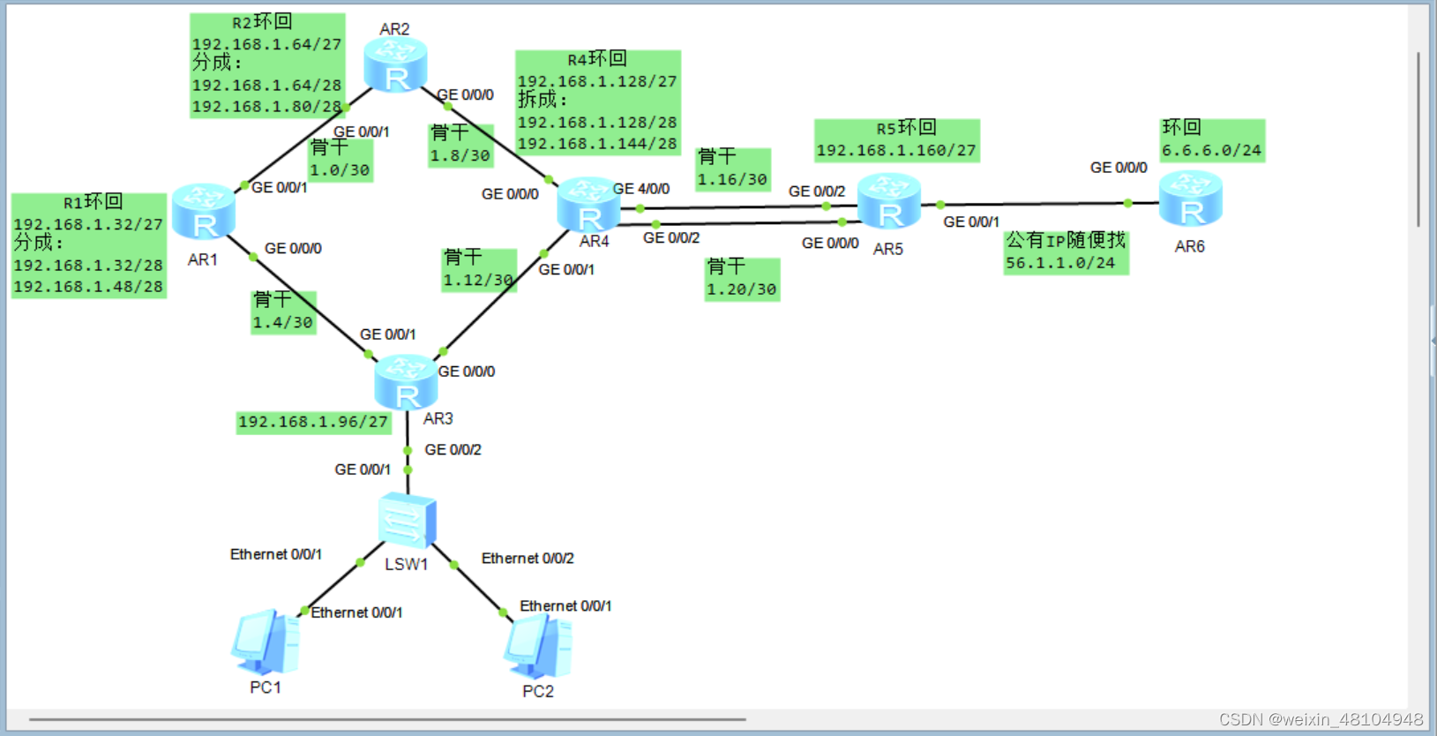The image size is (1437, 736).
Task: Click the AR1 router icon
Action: (204, 213)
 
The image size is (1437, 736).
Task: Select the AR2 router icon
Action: (395, 65)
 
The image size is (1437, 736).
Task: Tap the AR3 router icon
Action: (406, 383)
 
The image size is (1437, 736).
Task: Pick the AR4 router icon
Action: (588, 205)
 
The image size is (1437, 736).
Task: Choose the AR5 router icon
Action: (889, 202)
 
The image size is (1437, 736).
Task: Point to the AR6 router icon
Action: (1190, 199)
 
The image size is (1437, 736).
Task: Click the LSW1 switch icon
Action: (407, 522)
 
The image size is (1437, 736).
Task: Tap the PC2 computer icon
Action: (537, 646)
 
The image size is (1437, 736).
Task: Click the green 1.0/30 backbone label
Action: (340, 170)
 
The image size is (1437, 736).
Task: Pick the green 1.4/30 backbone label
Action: (283, 323)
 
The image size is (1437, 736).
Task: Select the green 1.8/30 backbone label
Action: (460, 156)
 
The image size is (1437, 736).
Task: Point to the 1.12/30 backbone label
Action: (478, 281)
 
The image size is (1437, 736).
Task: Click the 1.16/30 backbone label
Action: (732, 180)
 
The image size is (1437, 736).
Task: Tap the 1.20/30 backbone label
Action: (742, 289)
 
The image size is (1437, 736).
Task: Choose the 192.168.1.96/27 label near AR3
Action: (313, 422)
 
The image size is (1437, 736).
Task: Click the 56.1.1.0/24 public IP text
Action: (1060, 263)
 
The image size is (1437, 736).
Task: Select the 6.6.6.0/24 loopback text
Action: (1211, 151)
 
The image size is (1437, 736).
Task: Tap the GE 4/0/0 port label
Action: (641, 189)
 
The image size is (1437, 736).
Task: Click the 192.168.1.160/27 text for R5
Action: (896, 151)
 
